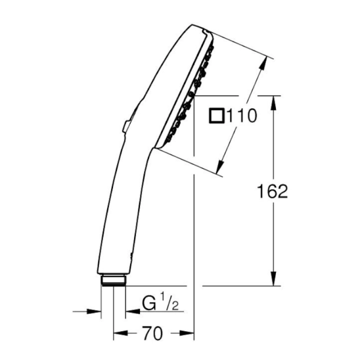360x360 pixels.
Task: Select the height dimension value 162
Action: [x=272, y=191]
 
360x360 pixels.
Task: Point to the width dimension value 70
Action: [x=153, y=334]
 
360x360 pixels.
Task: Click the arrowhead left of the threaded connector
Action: [x=96, y=311]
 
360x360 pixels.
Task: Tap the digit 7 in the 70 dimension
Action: [x=148, y=334]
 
